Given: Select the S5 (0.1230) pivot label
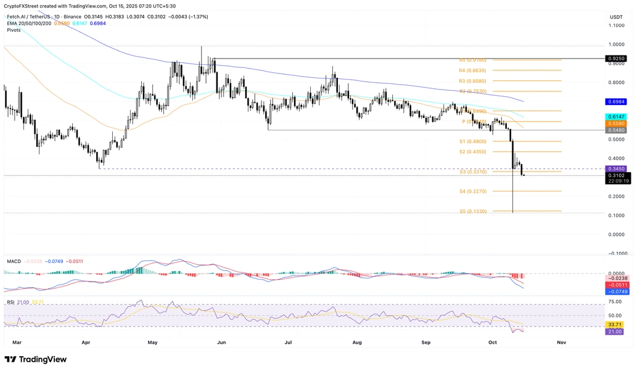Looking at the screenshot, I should (x=472, y=211).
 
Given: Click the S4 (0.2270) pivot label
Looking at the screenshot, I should (x=472, y=191).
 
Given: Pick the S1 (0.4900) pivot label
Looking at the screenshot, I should (x=472, y=141).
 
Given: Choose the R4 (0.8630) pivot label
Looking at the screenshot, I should (x=472, y=70).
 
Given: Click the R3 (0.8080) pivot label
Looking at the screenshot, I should (x=472, y=81).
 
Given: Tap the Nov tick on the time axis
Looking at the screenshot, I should (x=561, y=341).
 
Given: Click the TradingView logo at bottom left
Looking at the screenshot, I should (x=35, y=359).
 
